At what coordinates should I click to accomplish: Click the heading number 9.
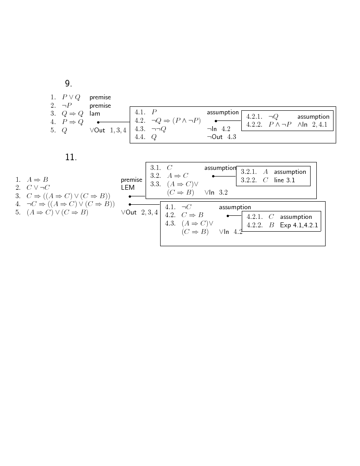[68, 83]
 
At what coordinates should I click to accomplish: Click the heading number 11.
[71, 157]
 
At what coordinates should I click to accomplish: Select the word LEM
[128, 188]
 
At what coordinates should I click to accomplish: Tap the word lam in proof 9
[95, 113]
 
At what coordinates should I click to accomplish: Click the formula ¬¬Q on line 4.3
[159, 129]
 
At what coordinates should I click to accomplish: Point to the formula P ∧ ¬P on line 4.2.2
[280, 124]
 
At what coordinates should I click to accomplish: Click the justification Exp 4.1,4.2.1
[299, 225]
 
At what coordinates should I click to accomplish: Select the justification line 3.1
[285, 180]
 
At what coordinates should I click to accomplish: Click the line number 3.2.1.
[249, 172]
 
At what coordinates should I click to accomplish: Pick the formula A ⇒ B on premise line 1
[37, 180]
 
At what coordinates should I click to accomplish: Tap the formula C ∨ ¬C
[38, 188]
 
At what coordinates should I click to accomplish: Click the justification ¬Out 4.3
[221, 137]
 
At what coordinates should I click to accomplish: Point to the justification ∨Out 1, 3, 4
[108, 130]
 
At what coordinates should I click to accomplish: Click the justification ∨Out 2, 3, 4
[139, 213]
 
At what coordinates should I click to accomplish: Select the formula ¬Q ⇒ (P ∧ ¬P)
[176, 120]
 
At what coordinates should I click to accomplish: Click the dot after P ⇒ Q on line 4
[98, 122]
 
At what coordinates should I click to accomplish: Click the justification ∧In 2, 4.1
[312, 124]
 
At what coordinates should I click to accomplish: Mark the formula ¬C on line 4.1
[186, 207]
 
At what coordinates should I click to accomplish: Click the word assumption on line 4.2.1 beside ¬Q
[313, 116]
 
